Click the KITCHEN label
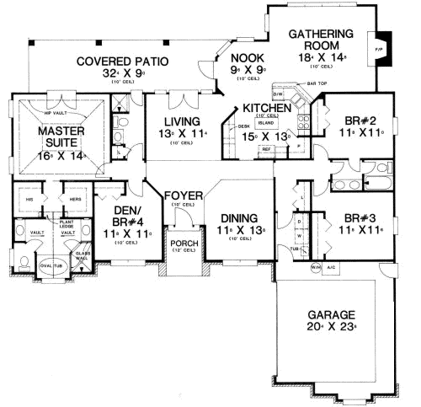pos(267,108)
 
